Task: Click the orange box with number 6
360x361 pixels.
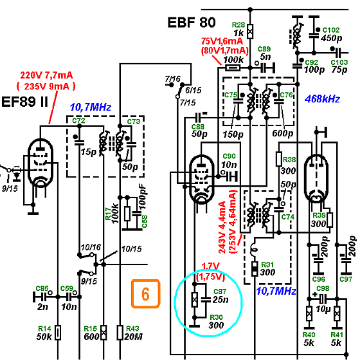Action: point(145,293)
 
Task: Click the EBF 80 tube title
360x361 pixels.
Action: point(192,23)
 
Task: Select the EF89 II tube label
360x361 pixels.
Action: point(24,102)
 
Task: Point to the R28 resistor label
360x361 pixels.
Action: point(239,25)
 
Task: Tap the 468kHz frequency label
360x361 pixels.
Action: point(322,99)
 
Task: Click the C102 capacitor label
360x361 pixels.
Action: point(331,30)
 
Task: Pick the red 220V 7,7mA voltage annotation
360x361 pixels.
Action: point(46,75)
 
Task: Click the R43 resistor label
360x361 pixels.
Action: point(132,329)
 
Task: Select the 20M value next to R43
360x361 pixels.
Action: point(134,337)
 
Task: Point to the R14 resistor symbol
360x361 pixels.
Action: point(58,332)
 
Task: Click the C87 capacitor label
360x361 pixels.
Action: point(220,292)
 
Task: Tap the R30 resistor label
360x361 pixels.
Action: point(216,317)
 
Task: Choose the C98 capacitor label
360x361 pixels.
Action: point(323,288)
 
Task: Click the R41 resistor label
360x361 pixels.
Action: point(337,335)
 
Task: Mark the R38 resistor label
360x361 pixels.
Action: point(289,160)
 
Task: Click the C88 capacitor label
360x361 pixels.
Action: point(198,127)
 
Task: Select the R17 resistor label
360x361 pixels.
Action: point(108,214)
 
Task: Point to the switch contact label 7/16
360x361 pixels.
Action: point(173,79)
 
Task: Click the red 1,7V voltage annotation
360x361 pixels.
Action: point(210,266)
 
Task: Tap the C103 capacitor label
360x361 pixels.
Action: point(339,62)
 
